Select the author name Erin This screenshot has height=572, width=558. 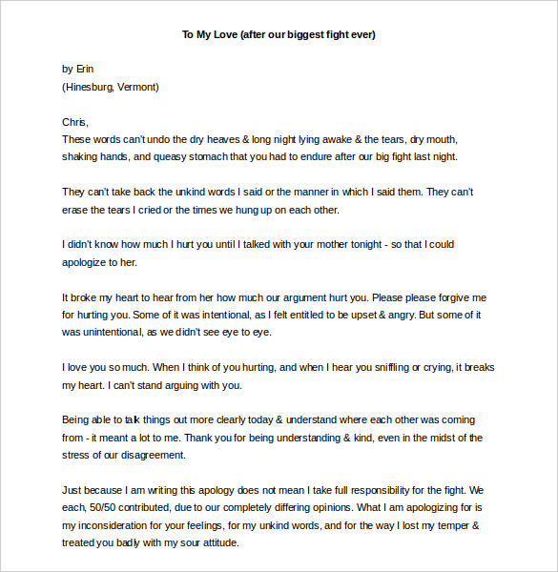pyautogui.click(x=85, y=69)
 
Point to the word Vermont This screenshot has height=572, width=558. pyautogui.click(x=137, y=87)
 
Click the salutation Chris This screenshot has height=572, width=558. pyautogui.click(x=74, y=122)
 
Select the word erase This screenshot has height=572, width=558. pyautogui.click(x=75, y=210)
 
